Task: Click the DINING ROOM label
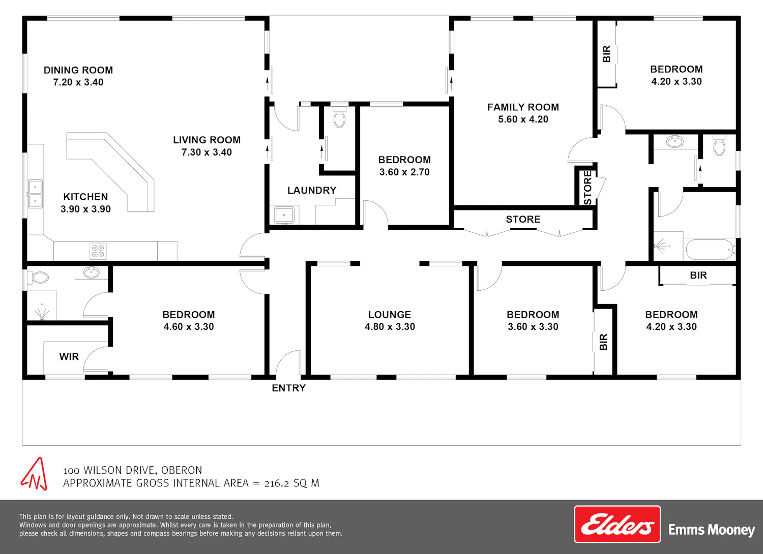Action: pyautogui.click(x=78, y=70)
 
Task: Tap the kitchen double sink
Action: pyautogui.click(x=35, y=194)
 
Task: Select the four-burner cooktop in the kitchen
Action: pyautogui.click(x=98, y=251)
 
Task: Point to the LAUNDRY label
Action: pyautogui.click(x=312, y=190)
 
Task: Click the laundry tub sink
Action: pyautogui.click(x=284, y=215)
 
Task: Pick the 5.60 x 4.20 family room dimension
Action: pyautogui.click(x=523, y=119)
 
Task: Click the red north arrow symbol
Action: pyautogui.click(x=34, y=474)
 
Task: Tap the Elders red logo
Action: pyautogui.click(x=617, y=524)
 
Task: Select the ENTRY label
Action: pyautogui.click(x=288, y=388)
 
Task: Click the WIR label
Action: pyautogui.click(x=69, y=357)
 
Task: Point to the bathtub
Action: pyautogui.click(x=711, y=250)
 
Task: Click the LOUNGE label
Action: pyautogui.click(x=390, y=315)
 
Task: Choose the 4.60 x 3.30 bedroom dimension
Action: pyautogui.click(x=189, y=327)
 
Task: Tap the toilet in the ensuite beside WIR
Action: pyautogui.click(x=38, y=278)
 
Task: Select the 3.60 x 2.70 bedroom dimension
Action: pyautogui.click(x=405, y=172)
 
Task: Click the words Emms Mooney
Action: pyautogui.click(x=712, y=530)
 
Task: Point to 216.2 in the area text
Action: pyautogui.click(x=277, y=483)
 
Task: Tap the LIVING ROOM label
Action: pyautogui.click(x=207, y=140)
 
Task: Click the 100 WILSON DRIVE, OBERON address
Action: pyautogui.click(x=133, y=470)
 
